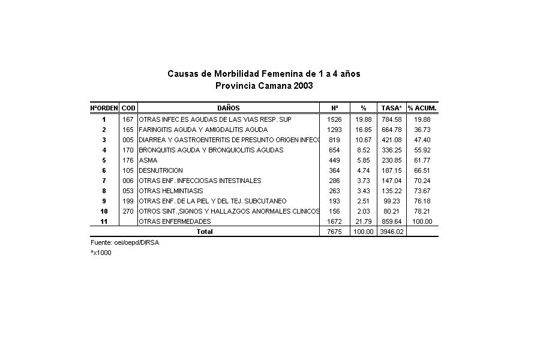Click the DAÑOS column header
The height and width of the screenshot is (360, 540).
coord(228,108)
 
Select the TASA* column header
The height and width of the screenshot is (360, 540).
coord(392,108)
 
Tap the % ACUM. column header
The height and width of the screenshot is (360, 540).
coord(422,108)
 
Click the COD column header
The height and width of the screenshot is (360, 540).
coord(128,108)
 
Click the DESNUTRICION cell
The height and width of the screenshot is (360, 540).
coord(161,170)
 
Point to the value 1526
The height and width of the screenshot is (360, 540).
coord(334,119)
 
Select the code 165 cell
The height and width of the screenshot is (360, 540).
coord(128,130)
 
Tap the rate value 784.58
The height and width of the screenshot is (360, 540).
coord(391,119)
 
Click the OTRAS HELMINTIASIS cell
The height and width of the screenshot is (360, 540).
coord(171,191)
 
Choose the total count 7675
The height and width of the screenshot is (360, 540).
coord(334,232)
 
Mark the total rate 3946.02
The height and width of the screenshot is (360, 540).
coord(391,232)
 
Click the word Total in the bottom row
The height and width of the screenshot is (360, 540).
coord(205,232)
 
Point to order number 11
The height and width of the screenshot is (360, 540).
coord(104,221)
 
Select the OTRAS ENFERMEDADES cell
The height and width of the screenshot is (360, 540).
coord(175,221)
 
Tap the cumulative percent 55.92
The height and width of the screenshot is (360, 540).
coord(422,150)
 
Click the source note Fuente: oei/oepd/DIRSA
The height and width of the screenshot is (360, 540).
coord(125,242)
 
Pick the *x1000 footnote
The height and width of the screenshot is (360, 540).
coord(101,253)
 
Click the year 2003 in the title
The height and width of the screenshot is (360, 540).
coord(303,86)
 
